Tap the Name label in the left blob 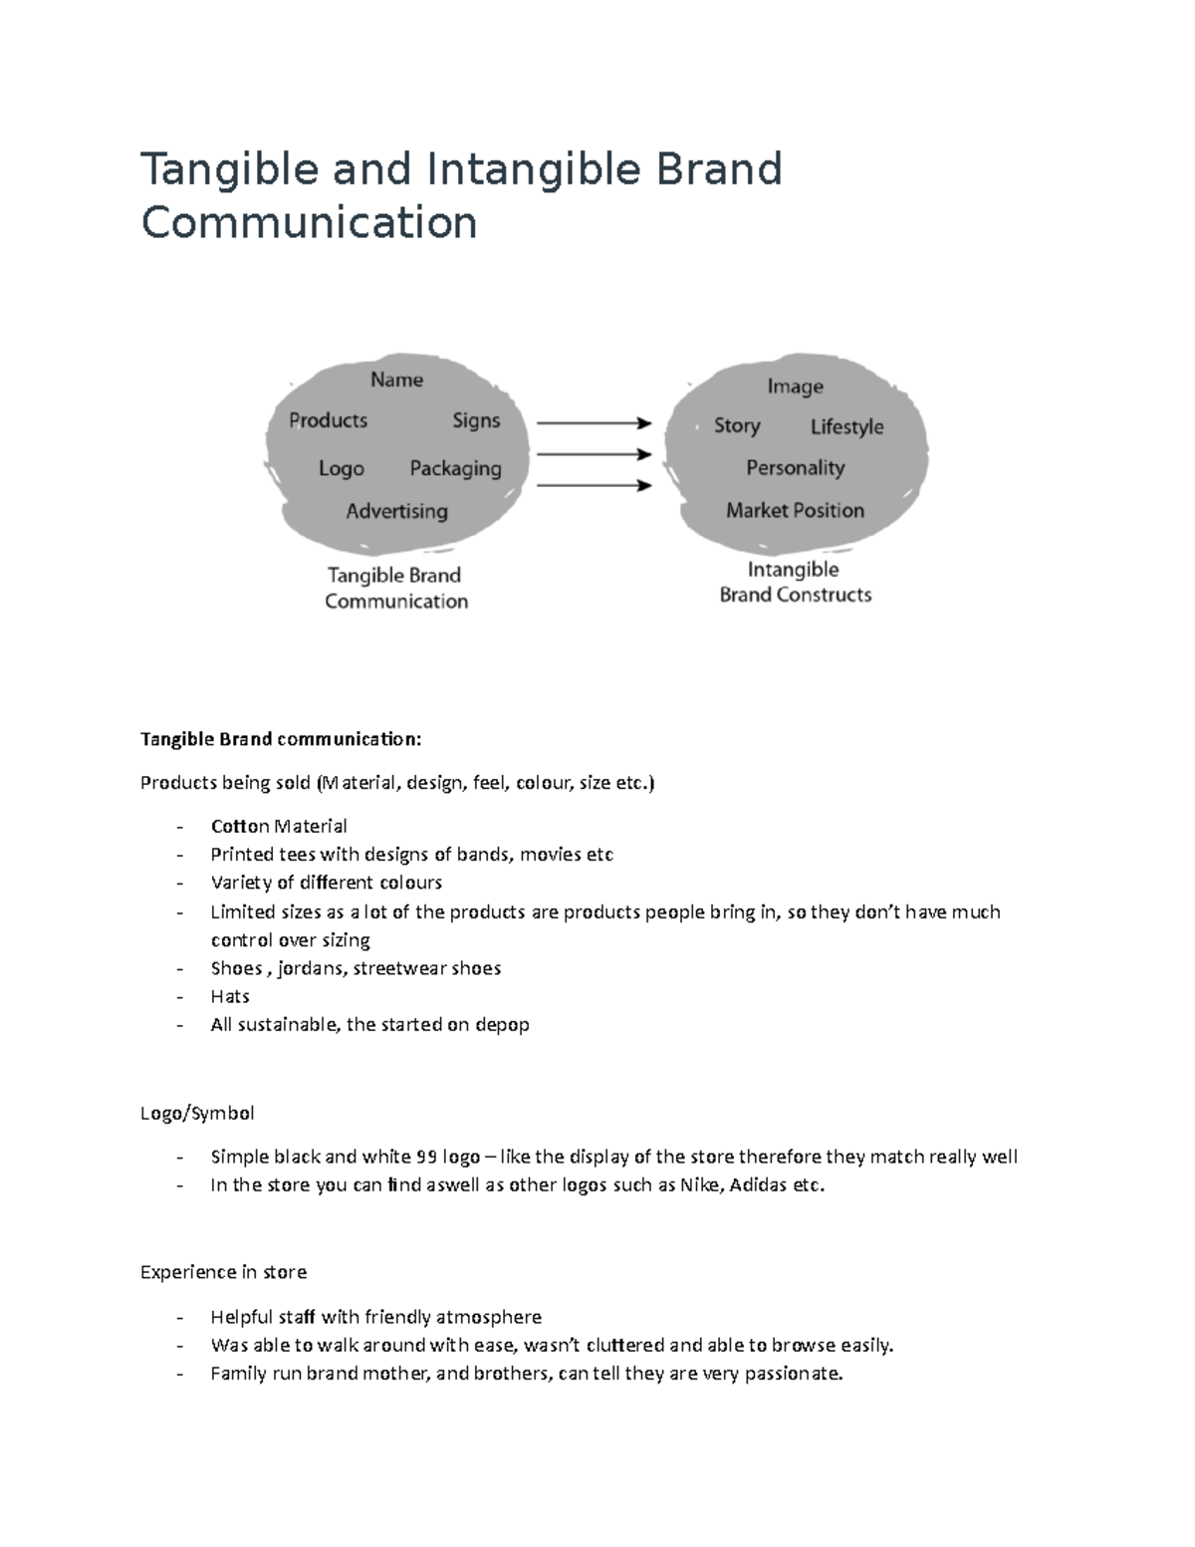click(x=396, y=380)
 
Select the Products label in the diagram click(x=328, y=420)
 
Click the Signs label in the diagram click(x=476, y=420)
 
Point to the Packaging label click(x=455, y=468)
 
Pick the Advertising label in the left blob click(x=396, y=511)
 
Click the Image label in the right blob click(x=795, y=387)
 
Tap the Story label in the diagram click(x=737, y=426)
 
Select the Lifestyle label click(x=846, y=427)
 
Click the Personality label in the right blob click(x=795, y=468)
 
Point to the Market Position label click(x=795, y=510)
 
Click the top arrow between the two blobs click(x=594, y=423)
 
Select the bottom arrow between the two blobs click(x=594, y=486)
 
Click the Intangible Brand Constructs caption click(x=795, y=582)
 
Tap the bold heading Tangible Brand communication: click(x=281, y=739)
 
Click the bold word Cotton click(x=240, y=826)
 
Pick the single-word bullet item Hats click(x=230, y=996)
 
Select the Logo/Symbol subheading click(x=197, y=1113)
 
